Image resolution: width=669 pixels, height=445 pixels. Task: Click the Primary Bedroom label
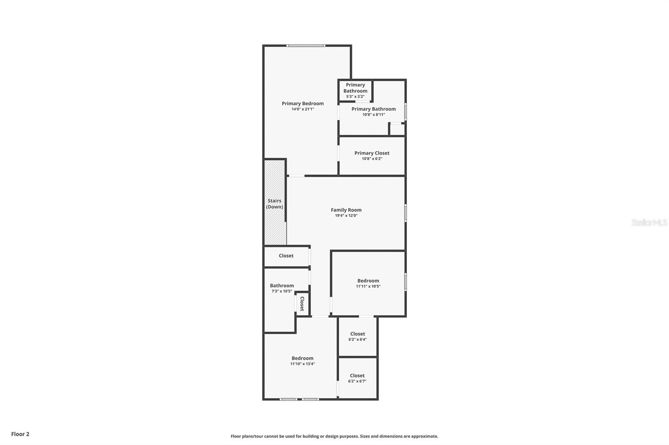click(302, 104)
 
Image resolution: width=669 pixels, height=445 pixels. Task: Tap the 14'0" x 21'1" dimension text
click(302, 109)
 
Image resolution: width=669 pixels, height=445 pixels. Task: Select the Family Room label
click(346, 210)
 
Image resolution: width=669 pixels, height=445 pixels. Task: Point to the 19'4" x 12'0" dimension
click(346, 216)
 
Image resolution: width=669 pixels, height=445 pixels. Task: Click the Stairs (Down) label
click(274, 204)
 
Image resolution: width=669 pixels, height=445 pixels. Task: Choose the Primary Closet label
click(372, 153)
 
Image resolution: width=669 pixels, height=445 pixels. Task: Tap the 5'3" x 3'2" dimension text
click(355, 96)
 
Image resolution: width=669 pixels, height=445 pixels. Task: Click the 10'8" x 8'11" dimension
click(373, 115)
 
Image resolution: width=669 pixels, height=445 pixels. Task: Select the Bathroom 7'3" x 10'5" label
click(281, 286)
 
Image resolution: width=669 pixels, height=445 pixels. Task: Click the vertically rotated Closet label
click(302, 303)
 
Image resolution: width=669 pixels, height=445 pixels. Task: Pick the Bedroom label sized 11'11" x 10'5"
click(368, 281)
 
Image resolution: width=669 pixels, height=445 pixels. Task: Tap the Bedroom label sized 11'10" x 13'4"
click(302, 358)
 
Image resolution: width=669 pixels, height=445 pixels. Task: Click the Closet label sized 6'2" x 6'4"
click(357, 334)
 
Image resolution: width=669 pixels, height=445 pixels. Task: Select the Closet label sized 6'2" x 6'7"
click(357, 376)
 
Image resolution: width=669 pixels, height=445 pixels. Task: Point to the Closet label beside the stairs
click(286, 256)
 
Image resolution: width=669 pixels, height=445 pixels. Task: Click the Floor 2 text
click(20, 434)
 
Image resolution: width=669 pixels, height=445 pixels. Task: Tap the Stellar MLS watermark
click(649, 222)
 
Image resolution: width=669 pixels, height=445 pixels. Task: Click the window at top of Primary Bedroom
click(306, 46)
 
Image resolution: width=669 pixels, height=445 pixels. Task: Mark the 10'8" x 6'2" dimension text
click(372, 159)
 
